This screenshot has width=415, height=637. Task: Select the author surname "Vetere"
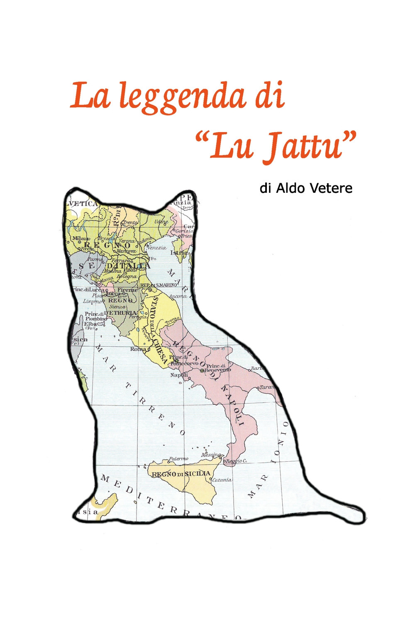pyautogui.click(x=331, y=188)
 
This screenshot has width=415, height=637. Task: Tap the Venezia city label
pyautogui.click(x=156, y=248)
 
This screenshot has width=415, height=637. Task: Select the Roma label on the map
pyautogui.click(x=138, y=349)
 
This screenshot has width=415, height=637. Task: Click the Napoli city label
pyautogui.click(x=179, y=375)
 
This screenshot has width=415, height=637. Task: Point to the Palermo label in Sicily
pyautogui.click(x=178, y=459)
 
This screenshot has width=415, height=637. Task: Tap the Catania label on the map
pyautogui.click(x=222, y=480)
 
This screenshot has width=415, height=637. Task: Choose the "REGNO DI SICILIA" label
pyautogui.click(x=181, y=474)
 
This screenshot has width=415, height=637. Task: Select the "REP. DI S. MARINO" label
pyautogui.click(x=159, y=285)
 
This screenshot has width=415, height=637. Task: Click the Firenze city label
pyautogui.click(x=127, y=290)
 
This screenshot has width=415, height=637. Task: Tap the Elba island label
pyautogui.click(x=90, y=323)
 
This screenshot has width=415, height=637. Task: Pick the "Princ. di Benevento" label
pyautogui.click(x=219, y=368)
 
